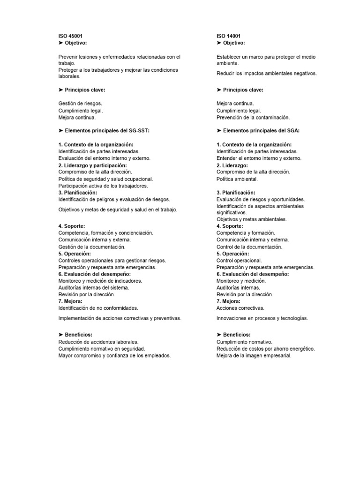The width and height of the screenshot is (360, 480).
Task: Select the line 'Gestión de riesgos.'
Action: tap(80, 104)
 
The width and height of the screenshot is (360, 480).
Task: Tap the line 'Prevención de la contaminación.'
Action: tap(253, 117)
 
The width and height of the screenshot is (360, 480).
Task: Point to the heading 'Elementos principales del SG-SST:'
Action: tap(107, 131)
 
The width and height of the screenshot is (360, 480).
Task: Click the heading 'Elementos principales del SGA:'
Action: tap(258, 131)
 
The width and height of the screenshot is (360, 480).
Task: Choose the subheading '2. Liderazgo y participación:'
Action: tap(92, 165)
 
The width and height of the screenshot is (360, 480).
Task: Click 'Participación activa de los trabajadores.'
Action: tap(103, 186)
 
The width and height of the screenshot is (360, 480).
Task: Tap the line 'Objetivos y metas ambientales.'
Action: tap(252, 219)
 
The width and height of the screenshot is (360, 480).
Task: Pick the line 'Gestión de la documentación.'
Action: tap(92, 247)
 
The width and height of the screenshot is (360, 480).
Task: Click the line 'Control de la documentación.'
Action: tap(249, 247)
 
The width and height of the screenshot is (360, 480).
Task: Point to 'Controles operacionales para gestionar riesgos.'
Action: tap(112, 260)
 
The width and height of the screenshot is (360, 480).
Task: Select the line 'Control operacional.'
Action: tap(240, 260)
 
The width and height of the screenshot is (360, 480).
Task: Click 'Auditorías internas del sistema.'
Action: tap(94, 287)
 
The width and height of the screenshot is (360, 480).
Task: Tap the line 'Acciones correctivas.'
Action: tap(240, 308)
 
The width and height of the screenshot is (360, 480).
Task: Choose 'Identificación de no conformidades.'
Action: tap(98, 308)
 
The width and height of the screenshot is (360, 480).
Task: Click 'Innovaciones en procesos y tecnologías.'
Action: tap(262, 318)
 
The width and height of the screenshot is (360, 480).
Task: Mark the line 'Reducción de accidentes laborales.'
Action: tap(98, 342)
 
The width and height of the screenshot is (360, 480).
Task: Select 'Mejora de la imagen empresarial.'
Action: tap(254, 356)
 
